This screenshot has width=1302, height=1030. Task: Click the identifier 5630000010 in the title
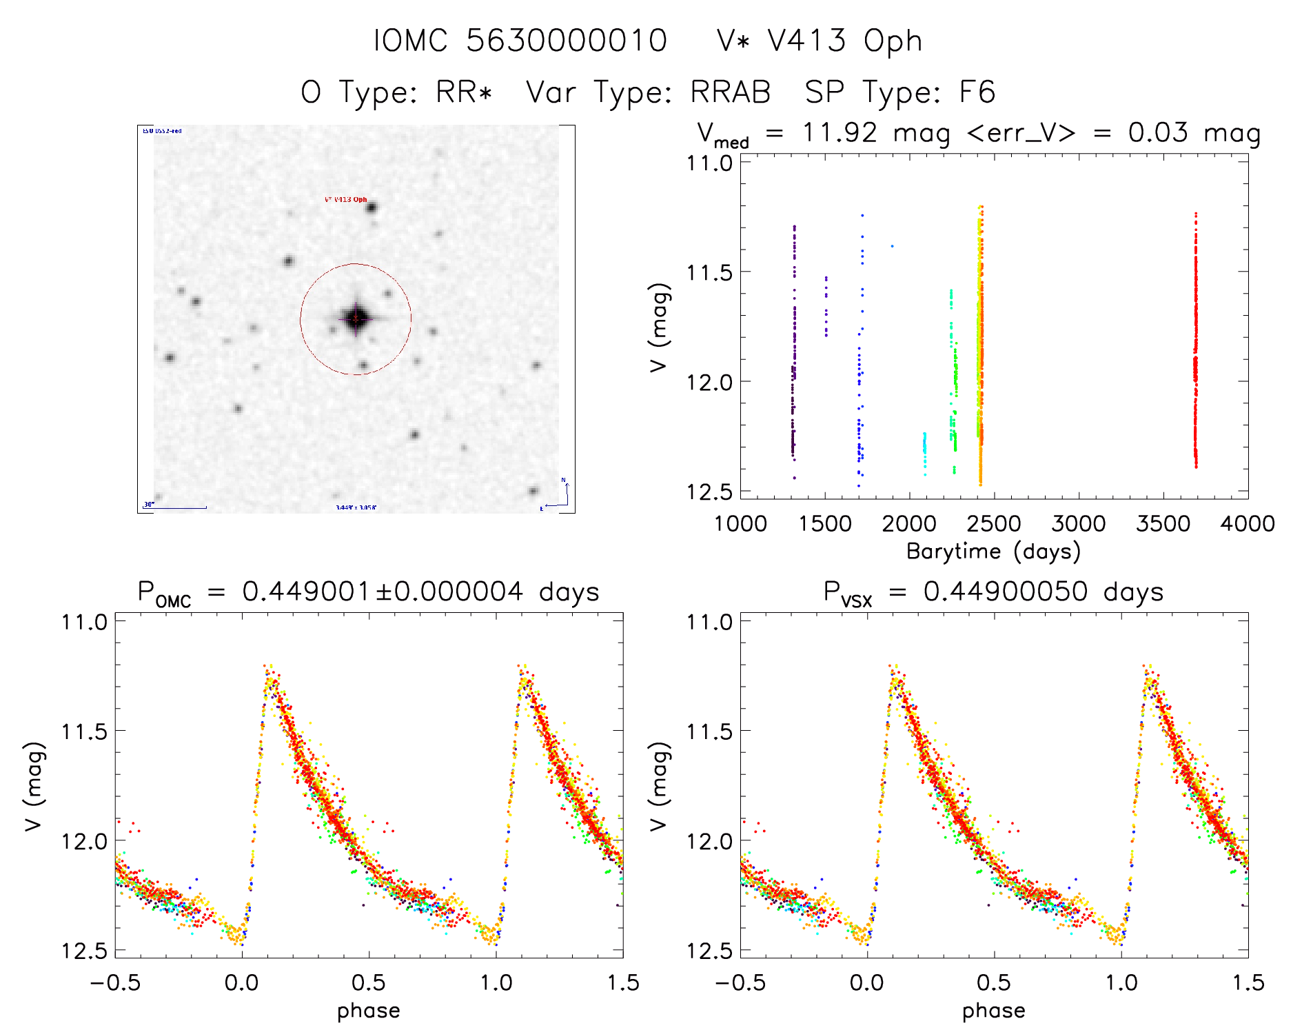pos(567,41)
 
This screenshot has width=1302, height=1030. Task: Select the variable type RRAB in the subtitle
pos(731,92)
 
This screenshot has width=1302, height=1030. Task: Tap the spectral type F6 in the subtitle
pos(977,92)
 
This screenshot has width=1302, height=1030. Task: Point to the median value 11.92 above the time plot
pos(840,132)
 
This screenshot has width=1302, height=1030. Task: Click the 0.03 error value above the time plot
pos(1158,132)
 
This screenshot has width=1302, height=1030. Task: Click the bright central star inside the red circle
pos(356,318)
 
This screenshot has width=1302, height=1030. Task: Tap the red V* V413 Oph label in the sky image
pos(345,199)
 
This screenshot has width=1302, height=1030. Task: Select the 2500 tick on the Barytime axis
pos(994,523)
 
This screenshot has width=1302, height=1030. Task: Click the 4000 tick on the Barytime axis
pos(1248,523)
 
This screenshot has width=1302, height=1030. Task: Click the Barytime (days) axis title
pos(993,552)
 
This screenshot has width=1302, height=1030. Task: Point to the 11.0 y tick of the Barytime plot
pos(709,163)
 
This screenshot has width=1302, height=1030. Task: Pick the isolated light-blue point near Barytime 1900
pos(892,245)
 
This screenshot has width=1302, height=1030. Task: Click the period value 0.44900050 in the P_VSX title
pos(1006,592)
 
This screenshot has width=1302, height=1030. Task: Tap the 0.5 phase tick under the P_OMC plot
pos(369,982)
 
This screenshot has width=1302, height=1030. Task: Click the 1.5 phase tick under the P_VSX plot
pos(1248,982)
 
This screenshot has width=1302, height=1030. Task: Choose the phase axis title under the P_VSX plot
pos(993,1011)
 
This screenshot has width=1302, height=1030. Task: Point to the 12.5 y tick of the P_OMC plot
pos(84,951)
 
